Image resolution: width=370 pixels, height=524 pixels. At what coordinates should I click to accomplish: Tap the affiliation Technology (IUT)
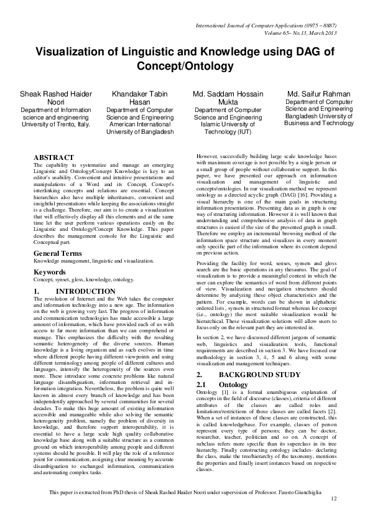228,132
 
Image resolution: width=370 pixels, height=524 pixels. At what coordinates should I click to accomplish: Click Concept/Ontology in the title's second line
185,67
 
